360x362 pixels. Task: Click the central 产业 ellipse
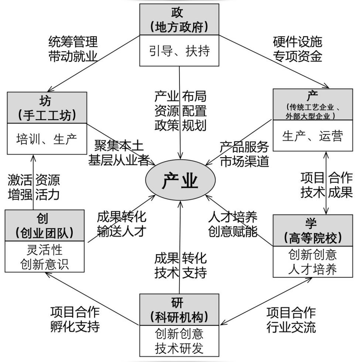(180, 181)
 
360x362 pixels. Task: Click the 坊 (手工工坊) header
(47, 107)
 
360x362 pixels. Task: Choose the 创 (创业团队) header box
(45, 225)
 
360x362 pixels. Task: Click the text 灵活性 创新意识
(45, 257)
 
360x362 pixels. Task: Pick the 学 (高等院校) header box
(313, 231)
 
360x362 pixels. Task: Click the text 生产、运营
(313, 136)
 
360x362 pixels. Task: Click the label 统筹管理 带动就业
(73, 48)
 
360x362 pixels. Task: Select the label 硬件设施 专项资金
(297, 48)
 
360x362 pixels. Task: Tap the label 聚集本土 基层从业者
(119, 152)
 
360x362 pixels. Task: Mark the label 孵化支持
(75, 327)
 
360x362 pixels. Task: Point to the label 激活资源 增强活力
(34, 187)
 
